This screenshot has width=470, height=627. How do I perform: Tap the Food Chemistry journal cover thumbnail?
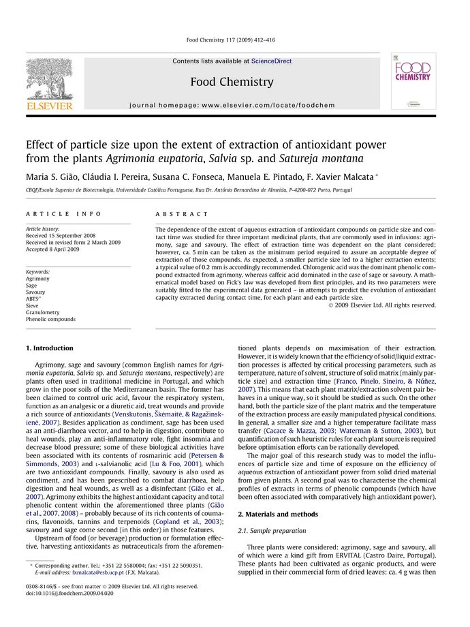pyautogui.click(x=413, y=81)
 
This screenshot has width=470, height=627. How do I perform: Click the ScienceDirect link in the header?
pyautogui.click(x=271, y=61)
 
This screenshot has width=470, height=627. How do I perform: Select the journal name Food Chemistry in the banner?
pyautogui.click(x=232, y=82)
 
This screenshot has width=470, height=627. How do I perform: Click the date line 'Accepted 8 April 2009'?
pyautogui.click(x=53, y=249)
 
